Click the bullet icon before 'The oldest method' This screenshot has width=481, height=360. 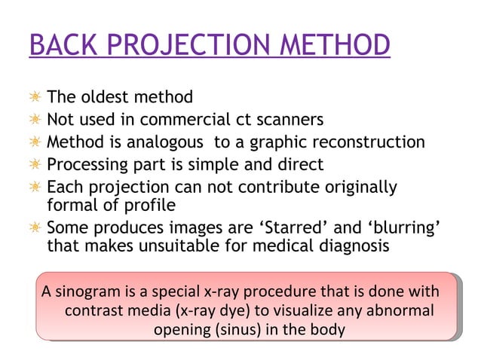(35, 98)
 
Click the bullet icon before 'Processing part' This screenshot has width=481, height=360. (35, 166)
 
